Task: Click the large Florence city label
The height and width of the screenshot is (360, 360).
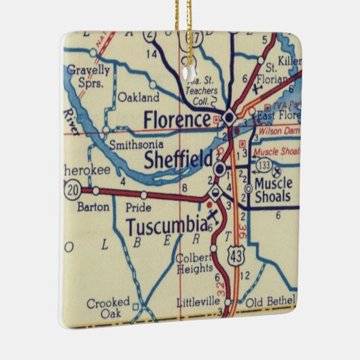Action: (x=177, y=120)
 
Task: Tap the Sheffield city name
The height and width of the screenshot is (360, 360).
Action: (x=179, y=159)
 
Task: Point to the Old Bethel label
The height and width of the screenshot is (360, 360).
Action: (x=270, y=301)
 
